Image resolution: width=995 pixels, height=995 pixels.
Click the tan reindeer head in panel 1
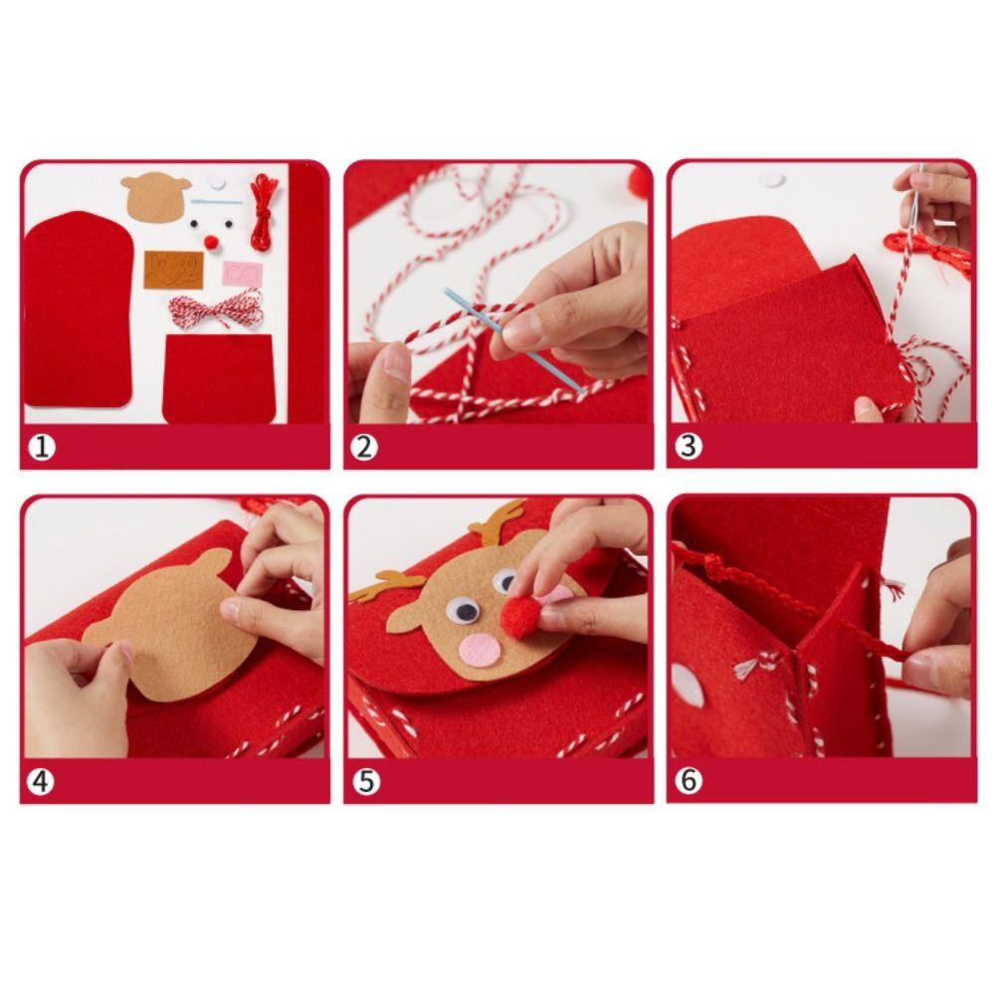pos(156,198)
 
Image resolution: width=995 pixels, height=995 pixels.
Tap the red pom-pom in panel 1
pos(211,242)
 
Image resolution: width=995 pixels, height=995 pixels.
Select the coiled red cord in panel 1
pos(262,211)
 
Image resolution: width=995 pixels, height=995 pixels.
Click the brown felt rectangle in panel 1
pos(173,270)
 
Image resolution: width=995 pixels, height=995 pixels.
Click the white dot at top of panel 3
pos(770,181)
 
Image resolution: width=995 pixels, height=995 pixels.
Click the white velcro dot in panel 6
pos(687,685)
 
